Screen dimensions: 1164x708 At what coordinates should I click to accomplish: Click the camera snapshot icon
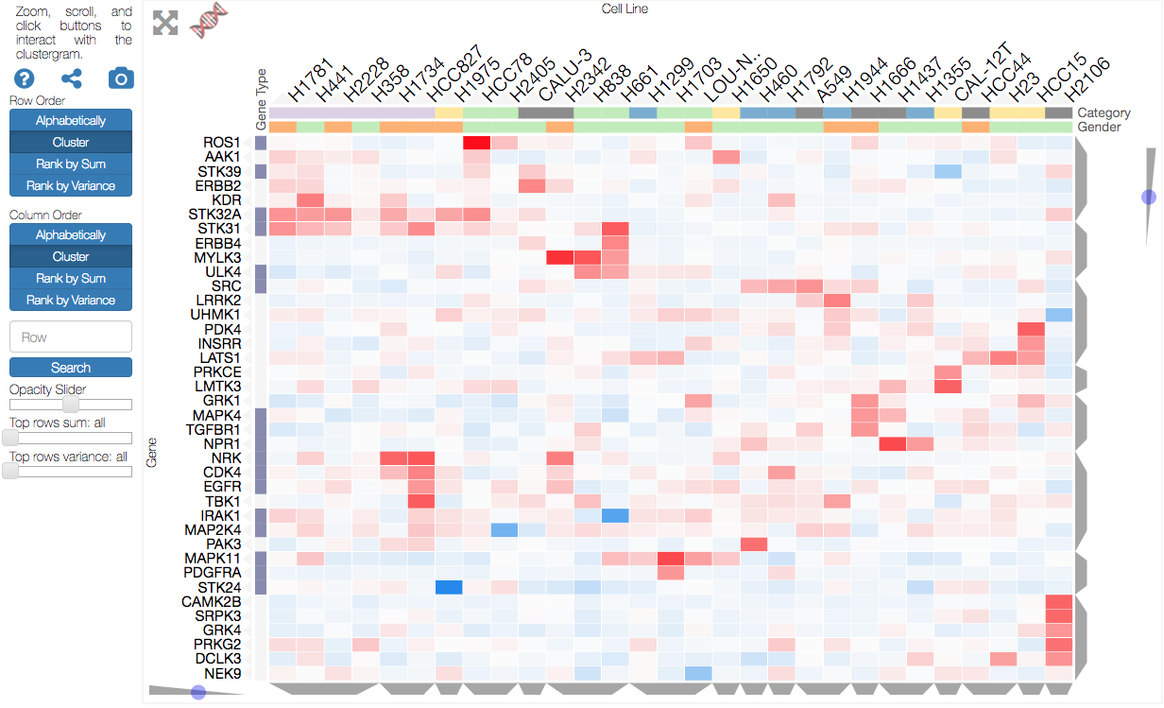[x=121, y=78]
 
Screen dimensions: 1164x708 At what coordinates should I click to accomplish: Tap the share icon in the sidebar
[x=72, y=78]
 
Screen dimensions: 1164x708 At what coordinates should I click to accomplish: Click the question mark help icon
[x=24, y=78]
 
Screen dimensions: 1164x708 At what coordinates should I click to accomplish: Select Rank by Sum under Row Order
[x=71, y=164]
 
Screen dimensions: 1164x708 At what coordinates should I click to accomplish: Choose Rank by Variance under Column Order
[x=71, y=301]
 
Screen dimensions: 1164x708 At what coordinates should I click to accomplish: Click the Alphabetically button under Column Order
[x=71, y=235]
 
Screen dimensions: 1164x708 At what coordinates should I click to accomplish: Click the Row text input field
[x=71, y=337]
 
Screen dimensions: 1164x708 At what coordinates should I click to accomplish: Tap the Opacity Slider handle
[x=71, y=404]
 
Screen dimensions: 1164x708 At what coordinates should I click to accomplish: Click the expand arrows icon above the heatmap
[x=165, y=23]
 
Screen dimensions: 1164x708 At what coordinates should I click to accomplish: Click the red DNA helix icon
[x=209, y=20]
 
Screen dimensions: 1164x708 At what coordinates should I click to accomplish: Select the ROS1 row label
[x=222, y=143]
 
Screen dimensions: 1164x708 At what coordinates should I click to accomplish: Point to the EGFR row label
[x=221, y=487]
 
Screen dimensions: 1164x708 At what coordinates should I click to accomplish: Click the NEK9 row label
[x=222, y=674]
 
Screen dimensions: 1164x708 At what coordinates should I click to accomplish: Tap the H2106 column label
[x=1087, y=79]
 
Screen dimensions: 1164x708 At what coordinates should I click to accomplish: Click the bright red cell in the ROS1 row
[x=476, y=143]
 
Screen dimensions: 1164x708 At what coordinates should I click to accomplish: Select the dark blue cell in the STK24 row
[x=449, y=587]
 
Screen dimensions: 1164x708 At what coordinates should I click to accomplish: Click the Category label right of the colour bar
[x=1104, y=112]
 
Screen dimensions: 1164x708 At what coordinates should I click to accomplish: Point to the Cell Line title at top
[x=625, y=9]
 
